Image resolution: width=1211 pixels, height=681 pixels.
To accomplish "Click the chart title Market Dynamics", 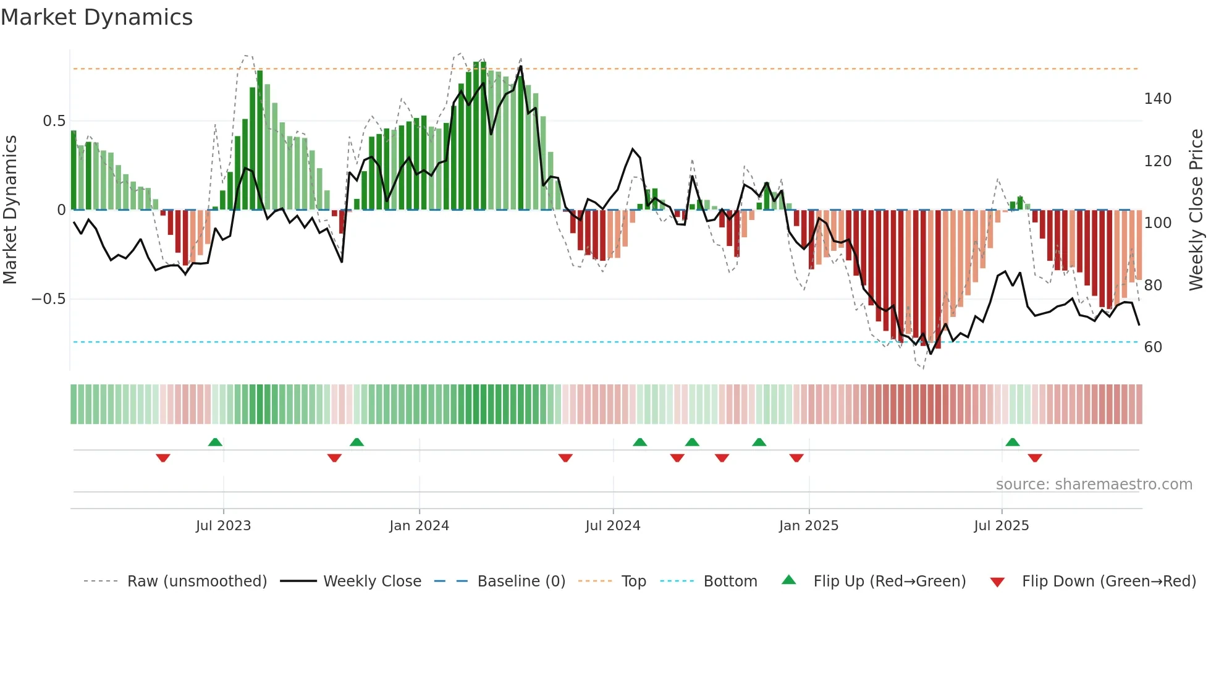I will (x=96, y=17).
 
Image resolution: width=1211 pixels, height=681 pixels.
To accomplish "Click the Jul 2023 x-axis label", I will (x=223, y=526).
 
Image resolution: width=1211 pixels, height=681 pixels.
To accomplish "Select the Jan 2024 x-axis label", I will (x=419, y=526).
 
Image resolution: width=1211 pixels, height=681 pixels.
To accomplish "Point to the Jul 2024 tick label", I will (x=612, y=526).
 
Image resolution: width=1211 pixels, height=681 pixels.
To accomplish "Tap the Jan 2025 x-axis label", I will (x=808, y=526).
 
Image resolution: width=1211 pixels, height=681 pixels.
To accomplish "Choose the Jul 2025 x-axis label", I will (x=1001, y=526).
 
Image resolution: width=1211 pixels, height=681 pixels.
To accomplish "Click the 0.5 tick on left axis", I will (x=54, y=121).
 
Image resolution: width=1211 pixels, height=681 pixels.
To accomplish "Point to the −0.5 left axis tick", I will (x=48, y=299).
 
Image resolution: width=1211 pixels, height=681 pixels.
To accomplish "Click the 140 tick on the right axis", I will (x=1157, y=99).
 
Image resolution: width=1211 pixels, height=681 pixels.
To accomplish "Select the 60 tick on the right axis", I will (x=1153, y=347).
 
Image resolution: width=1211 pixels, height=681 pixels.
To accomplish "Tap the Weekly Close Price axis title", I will (x=1196, y=210).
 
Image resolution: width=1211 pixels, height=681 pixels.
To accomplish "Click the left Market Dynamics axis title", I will (x=10, y=210).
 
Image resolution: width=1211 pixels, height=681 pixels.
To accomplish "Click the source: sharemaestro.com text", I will (x=1094, y=484).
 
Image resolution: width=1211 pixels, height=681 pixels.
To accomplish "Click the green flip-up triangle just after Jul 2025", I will (x=1012, y=442).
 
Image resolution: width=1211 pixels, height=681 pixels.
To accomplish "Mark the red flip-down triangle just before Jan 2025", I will (x=796, y=458).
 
